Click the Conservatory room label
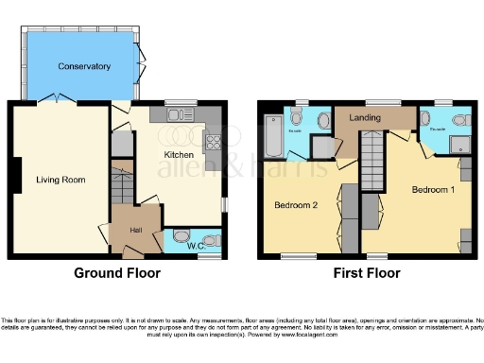coord(84,67)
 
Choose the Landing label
coord(366,118)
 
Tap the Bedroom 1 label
coord(432,189)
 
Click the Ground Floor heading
coord(117,273)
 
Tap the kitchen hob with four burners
coord(211,145)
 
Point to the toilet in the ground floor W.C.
coord(182,236)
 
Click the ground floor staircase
coord(122,184)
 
